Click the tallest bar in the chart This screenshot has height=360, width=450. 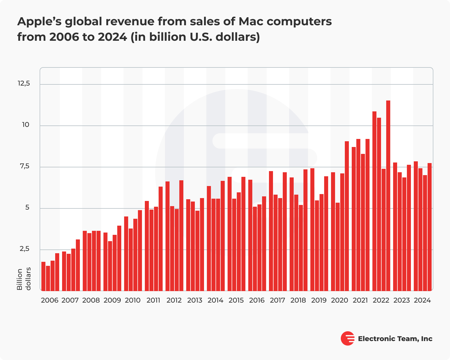pos(388,195)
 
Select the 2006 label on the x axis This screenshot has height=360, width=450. pos(50,300)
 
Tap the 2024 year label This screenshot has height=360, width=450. pos(422,300)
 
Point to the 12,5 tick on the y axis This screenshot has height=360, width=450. pos(24,84)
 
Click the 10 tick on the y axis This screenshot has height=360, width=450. pos(26,125)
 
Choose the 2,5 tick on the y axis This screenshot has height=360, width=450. pos(24,249)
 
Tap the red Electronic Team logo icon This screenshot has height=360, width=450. pos(347,338)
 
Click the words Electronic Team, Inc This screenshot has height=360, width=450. pos(395,339)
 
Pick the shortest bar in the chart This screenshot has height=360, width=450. pos(48,278)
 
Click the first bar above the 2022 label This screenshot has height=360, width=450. pos(374,201)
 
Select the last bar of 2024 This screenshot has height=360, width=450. pos(430,227)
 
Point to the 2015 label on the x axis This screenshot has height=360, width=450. pos(236,300)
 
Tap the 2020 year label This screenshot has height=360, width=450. pos(339,300)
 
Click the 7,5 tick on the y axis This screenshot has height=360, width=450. pos(24,166)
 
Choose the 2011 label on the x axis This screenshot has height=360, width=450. pos(153,300)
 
